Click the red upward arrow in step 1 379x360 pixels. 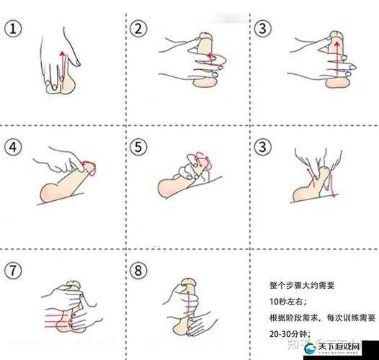pos(62,68)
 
